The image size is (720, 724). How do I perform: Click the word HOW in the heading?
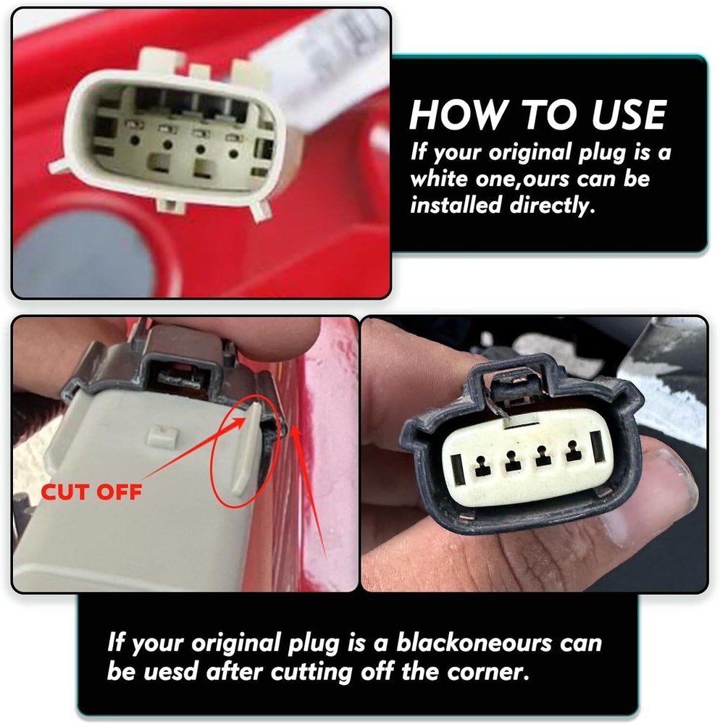pyautogui.click(x=456, y=114)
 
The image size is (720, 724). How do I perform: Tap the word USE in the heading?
pyautogui.click(x=629, y=114)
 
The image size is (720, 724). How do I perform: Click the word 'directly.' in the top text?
pyautogui.click(x=552, y=205)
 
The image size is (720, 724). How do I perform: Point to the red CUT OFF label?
pyautogui.click(x=91, y=492)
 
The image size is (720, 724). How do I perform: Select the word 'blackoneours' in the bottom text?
pyautogui.click(x=474, y=643)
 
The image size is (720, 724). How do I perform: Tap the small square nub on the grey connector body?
pyautogui.click(x=162, y=436)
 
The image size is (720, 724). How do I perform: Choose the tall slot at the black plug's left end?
pyautogui.click(x=458, y=469)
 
